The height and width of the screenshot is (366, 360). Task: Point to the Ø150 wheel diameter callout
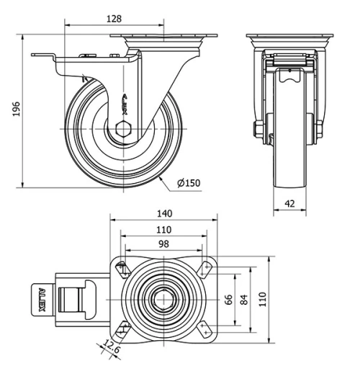pyautogui.click(x=188, y=183)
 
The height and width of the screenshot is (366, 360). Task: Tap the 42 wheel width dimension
pyautogui.click(x=289, y=205)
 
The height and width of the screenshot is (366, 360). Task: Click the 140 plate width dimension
pyautogui.click(x=165, y=214)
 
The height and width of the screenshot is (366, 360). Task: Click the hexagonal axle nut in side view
pyautogui.click(x=122, y=129)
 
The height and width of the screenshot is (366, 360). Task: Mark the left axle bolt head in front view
pyautogui.click(x=257, y=129)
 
